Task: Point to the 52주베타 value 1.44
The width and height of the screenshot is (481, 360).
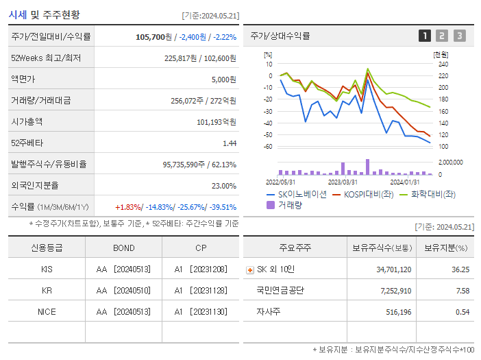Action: (229, 143)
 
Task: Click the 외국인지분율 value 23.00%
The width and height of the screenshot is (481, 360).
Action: (224, 185)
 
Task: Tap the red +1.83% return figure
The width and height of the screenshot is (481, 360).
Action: (127, 206)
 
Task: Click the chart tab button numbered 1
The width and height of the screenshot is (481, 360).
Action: (425, 36)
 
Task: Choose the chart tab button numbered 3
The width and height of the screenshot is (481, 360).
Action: (459, 36)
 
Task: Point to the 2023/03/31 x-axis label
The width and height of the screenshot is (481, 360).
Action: (343, 182)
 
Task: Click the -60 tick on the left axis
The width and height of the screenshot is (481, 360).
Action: (269, 147)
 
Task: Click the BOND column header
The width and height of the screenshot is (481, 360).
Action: (123, 248)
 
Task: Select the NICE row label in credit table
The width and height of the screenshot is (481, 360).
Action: (47, 311)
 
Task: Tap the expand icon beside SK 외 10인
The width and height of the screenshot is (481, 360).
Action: (249, 269)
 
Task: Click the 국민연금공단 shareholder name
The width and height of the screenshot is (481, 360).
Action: (281, 290)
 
